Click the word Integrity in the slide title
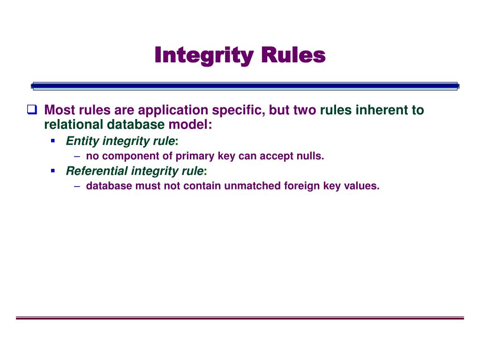(202, 56)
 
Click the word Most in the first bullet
(60, 110)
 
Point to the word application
(172, 111)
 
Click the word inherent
(382, 110)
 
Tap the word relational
(74, 125)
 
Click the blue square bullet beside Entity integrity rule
(53, 141)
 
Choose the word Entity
(82, 141)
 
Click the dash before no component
(77, 157)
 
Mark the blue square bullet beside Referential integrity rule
(53, 171)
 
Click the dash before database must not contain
(77, 186)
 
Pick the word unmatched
(252, 186)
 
